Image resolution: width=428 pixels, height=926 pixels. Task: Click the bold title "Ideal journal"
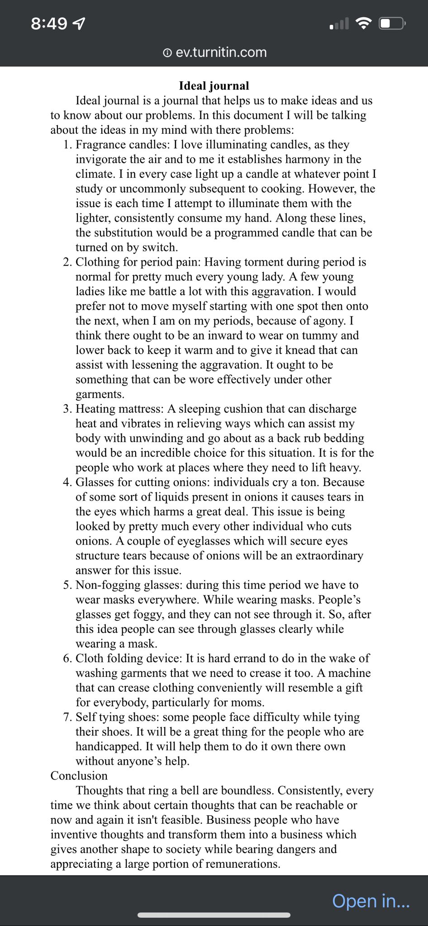(x=214, y=86)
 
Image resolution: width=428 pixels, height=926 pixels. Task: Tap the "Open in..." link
(x=371, y=901)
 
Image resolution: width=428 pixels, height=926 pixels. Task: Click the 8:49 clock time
(x=49, y=24)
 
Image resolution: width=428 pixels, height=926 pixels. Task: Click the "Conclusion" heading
(x=79, y=775)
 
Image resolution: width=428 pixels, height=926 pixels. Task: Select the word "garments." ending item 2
(x=100, y=394)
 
